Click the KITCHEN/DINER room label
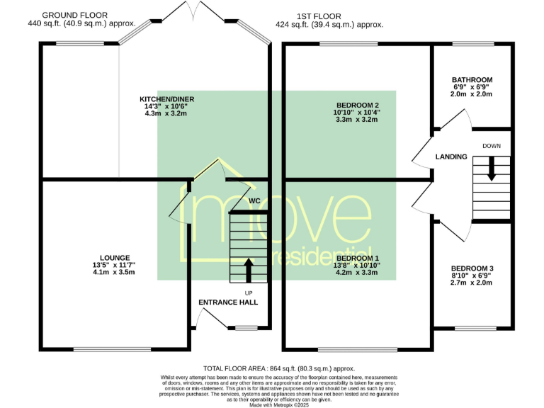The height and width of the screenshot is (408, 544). click(x=167, y=99)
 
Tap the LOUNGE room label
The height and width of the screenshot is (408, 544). click(x=115, y=258)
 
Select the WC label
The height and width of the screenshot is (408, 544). click(x=255, y=201)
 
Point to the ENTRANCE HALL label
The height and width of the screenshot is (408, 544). click(x=228, y=302)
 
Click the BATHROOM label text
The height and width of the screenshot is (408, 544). click(x=472, y=80)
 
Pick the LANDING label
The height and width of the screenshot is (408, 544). click(x=451, y=157)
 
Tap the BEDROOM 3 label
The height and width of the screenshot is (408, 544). click(x=472, y=268)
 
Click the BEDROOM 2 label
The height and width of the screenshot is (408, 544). click(x=358, y=105)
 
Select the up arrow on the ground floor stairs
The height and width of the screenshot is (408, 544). click(x=249, y=270)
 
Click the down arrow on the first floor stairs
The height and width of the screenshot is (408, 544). click(x=492, y=169)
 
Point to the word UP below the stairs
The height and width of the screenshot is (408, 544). click(x=249, y=293)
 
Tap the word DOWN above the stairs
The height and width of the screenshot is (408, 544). click(x=492, y=146)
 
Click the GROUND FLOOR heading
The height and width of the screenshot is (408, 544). click(x=75, y=16)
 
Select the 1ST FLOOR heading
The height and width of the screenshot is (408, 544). click(x=319, y=16)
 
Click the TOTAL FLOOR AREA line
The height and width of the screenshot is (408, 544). click(x=279, y=368)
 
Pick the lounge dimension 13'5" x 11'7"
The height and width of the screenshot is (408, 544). click(x=114, y=265)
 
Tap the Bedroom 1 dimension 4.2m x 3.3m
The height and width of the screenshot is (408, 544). click(x=357, y=272)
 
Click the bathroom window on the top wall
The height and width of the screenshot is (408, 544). click(x=473, y=44)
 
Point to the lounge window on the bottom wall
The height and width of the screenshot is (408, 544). click(x=113, y=349)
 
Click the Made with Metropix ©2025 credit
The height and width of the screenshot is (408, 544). click(x=279, y=405)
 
